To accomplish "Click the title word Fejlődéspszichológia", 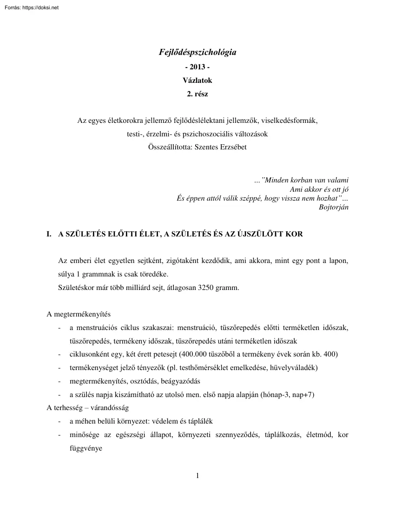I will click(x=197, y=53).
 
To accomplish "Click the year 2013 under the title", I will click(x=197, y=67).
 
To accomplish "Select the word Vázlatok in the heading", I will click(x=197, y=80).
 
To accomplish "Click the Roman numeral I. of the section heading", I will click(x=49, y=234).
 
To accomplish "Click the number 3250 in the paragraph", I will click(x=201, y=287).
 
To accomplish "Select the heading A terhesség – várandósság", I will click(x=88, y=408).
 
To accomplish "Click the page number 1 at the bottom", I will click(x=197, y=475).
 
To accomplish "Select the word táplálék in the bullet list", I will click(x=199, y=421).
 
